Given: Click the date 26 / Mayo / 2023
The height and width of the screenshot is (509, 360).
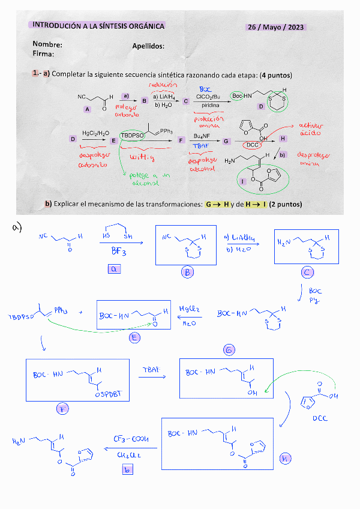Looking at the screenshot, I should [x=276, y=28].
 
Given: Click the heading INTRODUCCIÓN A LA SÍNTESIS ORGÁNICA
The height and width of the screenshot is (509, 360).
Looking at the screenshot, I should [x=98, y=26].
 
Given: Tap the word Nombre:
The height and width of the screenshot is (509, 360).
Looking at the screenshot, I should [x=47, y=44].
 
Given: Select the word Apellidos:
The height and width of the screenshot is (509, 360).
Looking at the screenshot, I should [x=148, y=46].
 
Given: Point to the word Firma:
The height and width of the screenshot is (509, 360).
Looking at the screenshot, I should [x=44, y=54].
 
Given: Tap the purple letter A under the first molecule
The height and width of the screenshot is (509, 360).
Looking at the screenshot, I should [x=88, y=109].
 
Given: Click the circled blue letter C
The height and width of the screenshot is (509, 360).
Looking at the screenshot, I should [x=307, y=272].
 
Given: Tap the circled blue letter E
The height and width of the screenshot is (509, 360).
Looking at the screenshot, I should [x=134, y=337].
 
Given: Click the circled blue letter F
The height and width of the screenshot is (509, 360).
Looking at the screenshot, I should [x=61, y=410].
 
